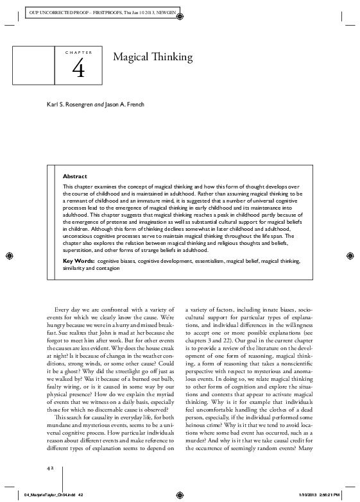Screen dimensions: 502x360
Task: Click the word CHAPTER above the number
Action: (79, 51)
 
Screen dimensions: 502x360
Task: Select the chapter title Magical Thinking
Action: (153, 58)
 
